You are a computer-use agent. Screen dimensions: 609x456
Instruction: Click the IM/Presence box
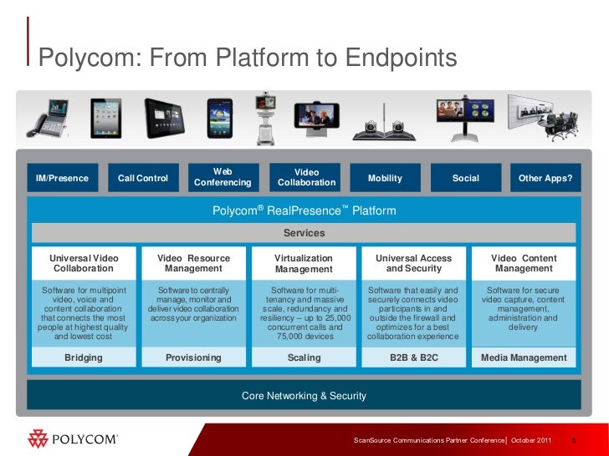pyautogui.click(x=63, y=178)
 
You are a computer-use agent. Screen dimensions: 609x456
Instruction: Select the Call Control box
pyautogui.click(x=143, y=178)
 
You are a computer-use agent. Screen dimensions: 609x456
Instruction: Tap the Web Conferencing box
pyautogui.click(x=223, y=177)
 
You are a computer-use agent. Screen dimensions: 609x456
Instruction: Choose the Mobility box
pyautogui.click(x=385, y=178)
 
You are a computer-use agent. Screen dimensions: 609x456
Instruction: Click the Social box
pyautogui.click(x=465, y=178)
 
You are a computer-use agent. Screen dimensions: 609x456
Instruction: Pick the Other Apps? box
pyautogui.click(x=545, y=178)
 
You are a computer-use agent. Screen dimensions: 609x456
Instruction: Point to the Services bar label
pyautogui.click(x=304, y=233)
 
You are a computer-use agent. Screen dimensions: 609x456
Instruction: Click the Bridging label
pyautogui.click(x=84, y=357)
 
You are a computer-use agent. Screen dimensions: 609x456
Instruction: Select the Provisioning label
pyautogui.click(x=193, y=357)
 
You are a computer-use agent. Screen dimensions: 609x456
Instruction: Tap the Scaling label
pyautogui.click(x=304, y=357)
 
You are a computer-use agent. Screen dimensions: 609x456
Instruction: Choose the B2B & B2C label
pyautogui.click(x=413, y=357)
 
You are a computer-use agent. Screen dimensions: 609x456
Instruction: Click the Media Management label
pyautogui.click(x=525, y=357)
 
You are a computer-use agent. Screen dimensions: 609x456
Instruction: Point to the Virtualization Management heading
pyautogui.click(x=304, y=264)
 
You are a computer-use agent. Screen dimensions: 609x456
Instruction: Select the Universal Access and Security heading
pyautogui.click(x=413, y=264)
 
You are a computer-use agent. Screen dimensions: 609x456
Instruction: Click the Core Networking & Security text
pyautogui.click(x=304, y=395)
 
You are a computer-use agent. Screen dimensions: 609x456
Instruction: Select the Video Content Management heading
pyautogui.click(x=525, y=264)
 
